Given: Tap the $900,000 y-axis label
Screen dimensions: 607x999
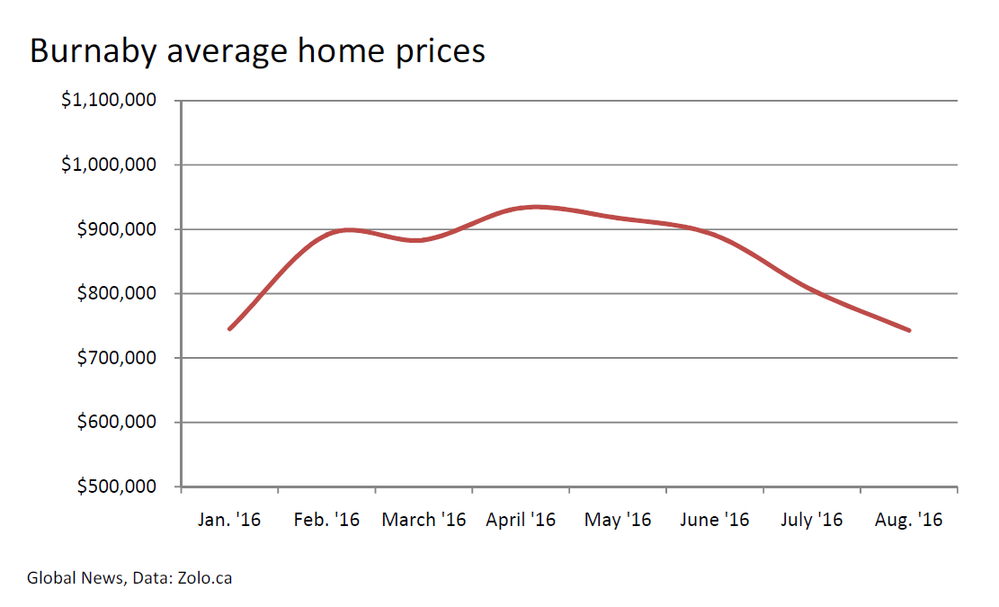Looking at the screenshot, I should point(115,229).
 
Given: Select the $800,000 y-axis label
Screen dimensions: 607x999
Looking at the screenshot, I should point(115,294).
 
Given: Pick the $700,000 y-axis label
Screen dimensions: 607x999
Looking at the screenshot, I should point(115,358).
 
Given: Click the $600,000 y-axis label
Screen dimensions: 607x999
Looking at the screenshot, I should point(115,423).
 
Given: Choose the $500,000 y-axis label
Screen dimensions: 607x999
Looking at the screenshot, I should point(115,486).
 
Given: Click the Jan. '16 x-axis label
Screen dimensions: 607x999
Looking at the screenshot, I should point(229,520).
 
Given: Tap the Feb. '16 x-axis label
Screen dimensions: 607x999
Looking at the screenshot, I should point(326,520).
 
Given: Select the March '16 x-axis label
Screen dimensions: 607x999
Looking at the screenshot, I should point(424,520).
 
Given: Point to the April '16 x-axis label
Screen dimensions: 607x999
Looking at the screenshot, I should point(521,520).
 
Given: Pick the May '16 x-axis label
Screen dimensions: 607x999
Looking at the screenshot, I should point(618,520).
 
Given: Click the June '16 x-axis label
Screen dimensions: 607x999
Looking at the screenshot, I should point(715,520).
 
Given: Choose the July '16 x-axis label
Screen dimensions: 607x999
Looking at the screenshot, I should point(812,520).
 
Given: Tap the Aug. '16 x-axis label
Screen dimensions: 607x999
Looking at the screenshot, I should point(908,520).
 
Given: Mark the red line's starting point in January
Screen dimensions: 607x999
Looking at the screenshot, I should point(230,328).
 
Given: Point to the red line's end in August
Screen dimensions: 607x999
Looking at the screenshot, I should point(909,330).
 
